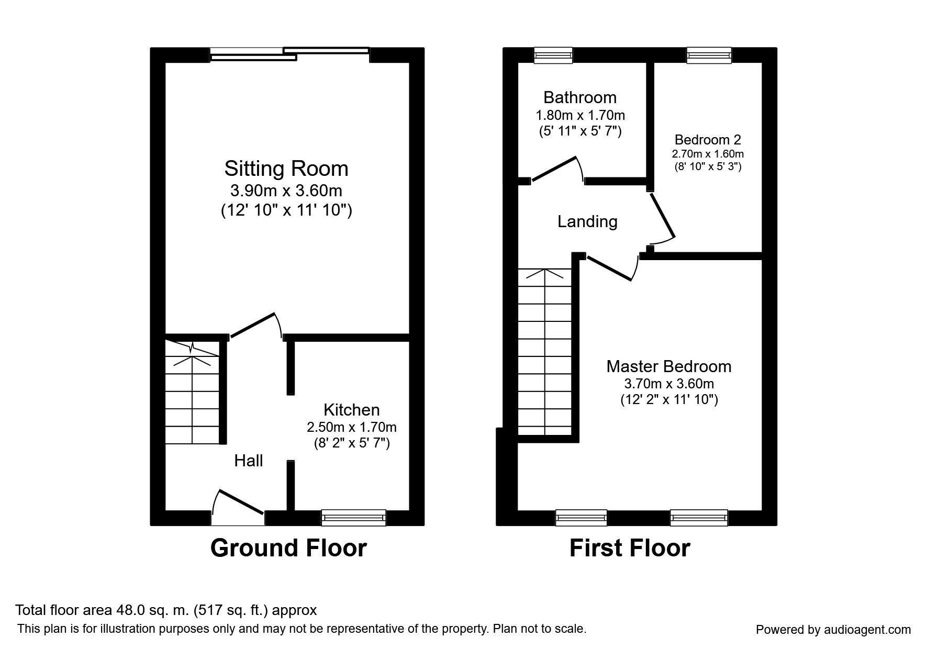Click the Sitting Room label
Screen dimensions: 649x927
point(286,169)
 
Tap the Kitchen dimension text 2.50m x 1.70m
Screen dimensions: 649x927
point(351,427)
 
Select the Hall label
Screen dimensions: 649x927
point(248,461)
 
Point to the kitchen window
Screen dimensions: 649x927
point(353,518)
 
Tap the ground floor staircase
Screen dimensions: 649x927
point(192,393)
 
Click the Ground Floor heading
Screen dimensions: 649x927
point(288,548)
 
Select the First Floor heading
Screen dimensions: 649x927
point(630,548)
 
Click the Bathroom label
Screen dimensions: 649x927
point(579,97)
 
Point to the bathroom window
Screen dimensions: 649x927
point(553,55)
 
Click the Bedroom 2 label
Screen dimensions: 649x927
point(708,140)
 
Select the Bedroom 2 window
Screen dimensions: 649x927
point(709,55)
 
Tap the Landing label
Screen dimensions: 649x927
point(587,221)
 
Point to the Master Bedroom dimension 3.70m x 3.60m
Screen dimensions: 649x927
point(669,384)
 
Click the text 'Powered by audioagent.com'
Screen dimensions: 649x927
point(833,630)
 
